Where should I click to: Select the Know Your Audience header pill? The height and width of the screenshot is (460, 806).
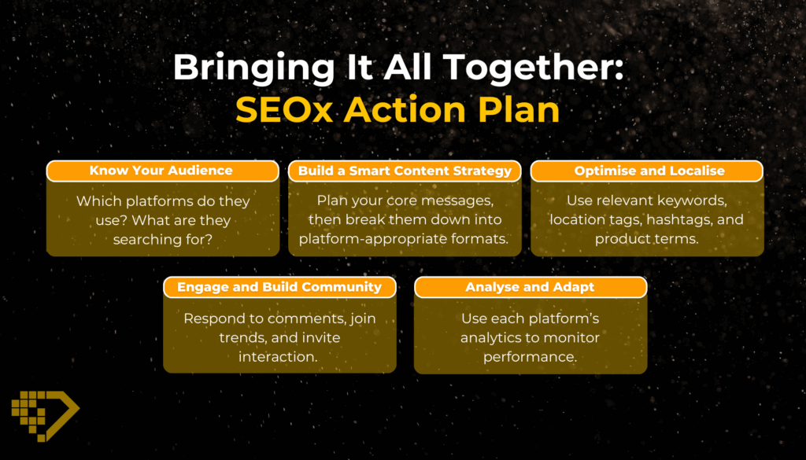pyautogui.click(x=162, y=171)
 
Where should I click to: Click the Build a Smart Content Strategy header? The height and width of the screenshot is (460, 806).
pyautogui.click(x=405, y=171)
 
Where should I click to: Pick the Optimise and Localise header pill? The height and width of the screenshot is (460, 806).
pyautogui.click(x=647, y=171)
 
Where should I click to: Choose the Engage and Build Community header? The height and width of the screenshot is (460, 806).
pyautogui.click(x=279, y=287)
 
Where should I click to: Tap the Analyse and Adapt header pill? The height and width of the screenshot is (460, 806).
pyautogui.click(x=531, y=287)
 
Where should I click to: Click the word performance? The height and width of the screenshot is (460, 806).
pyautogui.click(x=530, y=357)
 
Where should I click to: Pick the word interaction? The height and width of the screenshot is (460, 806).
pyautogui.click(x=278, y=357)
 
